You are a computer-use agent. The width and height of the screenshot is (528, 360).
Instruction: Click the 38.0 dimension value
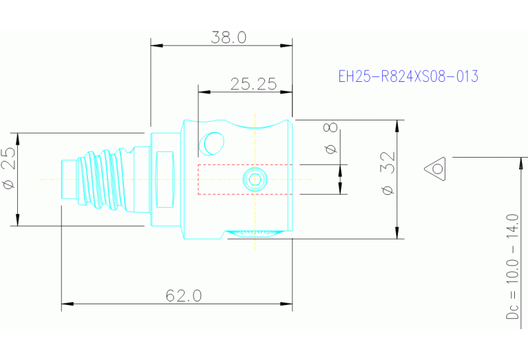click(228, 38)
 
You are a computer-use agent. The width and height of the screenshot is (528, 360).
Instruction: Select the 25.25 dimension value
click(253, 84)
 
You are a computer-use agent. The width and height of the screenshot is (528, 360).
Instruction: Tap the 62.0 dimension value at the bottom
click(184, 295)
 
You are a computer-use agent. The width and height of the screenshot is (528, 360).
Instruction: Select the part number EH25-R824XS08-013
click(408, 76)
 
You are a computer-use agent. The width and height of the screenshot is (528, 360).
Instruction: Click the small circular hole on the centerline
click(255, 180)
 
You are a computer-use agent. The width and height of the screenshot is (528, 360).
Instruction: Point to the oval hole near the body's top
click(211, 142)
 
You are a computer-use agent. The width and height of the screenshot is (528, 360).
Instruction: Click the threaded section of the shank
click(103, 178)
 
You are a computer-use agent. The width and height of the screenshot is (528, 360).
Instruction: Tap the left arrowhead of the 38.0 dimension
click(156, 46)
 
